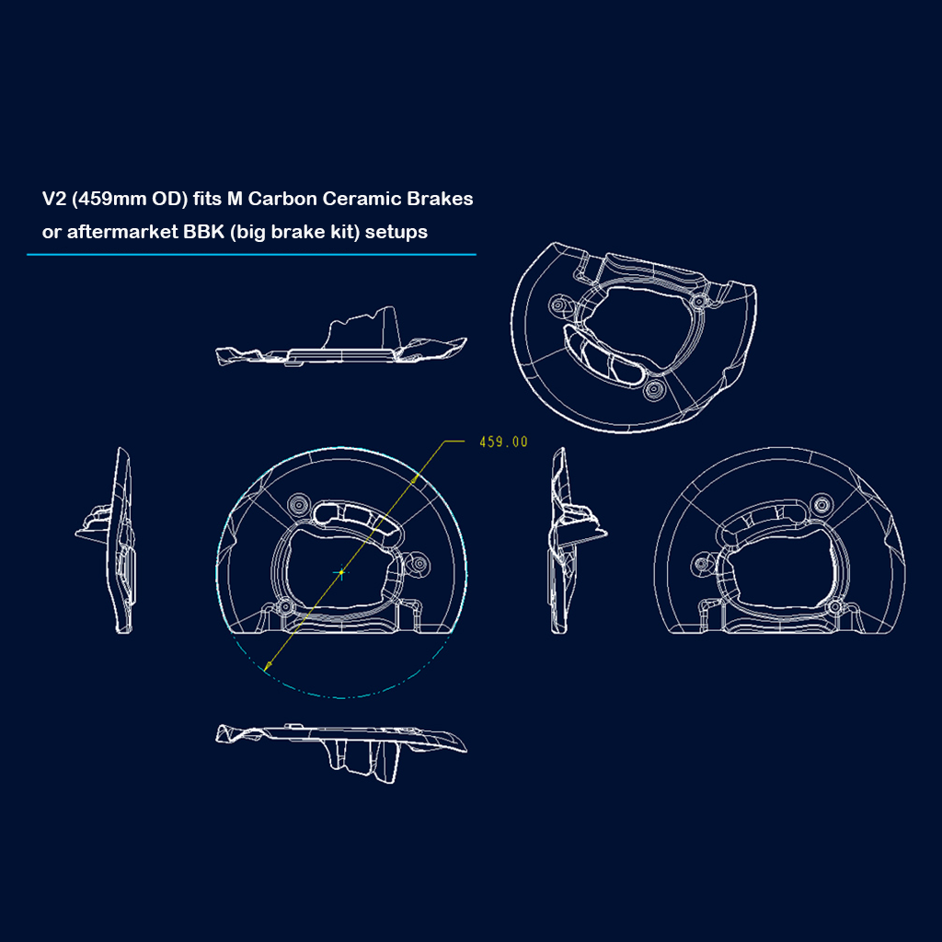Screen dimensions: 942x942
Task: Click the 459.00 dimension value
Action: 503,442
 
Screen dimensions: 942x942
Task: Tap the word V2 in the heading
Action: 54,199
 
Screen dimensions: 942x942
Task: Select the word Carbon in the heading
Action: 282,199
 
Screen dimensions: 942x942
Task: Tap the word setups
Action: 396,233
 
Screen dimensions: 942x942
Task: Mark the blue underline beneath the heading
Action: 251,255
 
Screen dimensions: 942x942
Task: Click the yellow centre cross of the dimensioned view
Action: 341,572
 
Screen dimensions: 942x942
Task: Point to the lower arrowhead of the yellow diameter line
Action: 268,665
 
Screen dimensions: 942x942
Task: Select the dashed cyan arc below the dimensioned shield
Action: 341,697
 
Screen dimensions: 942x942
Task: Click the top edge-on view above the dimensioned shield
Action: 341,337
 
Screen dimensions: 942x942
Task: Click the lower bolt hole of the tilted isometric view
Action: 654,390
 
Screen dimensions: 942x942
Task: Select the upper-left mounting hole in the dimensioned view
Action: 298,504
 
